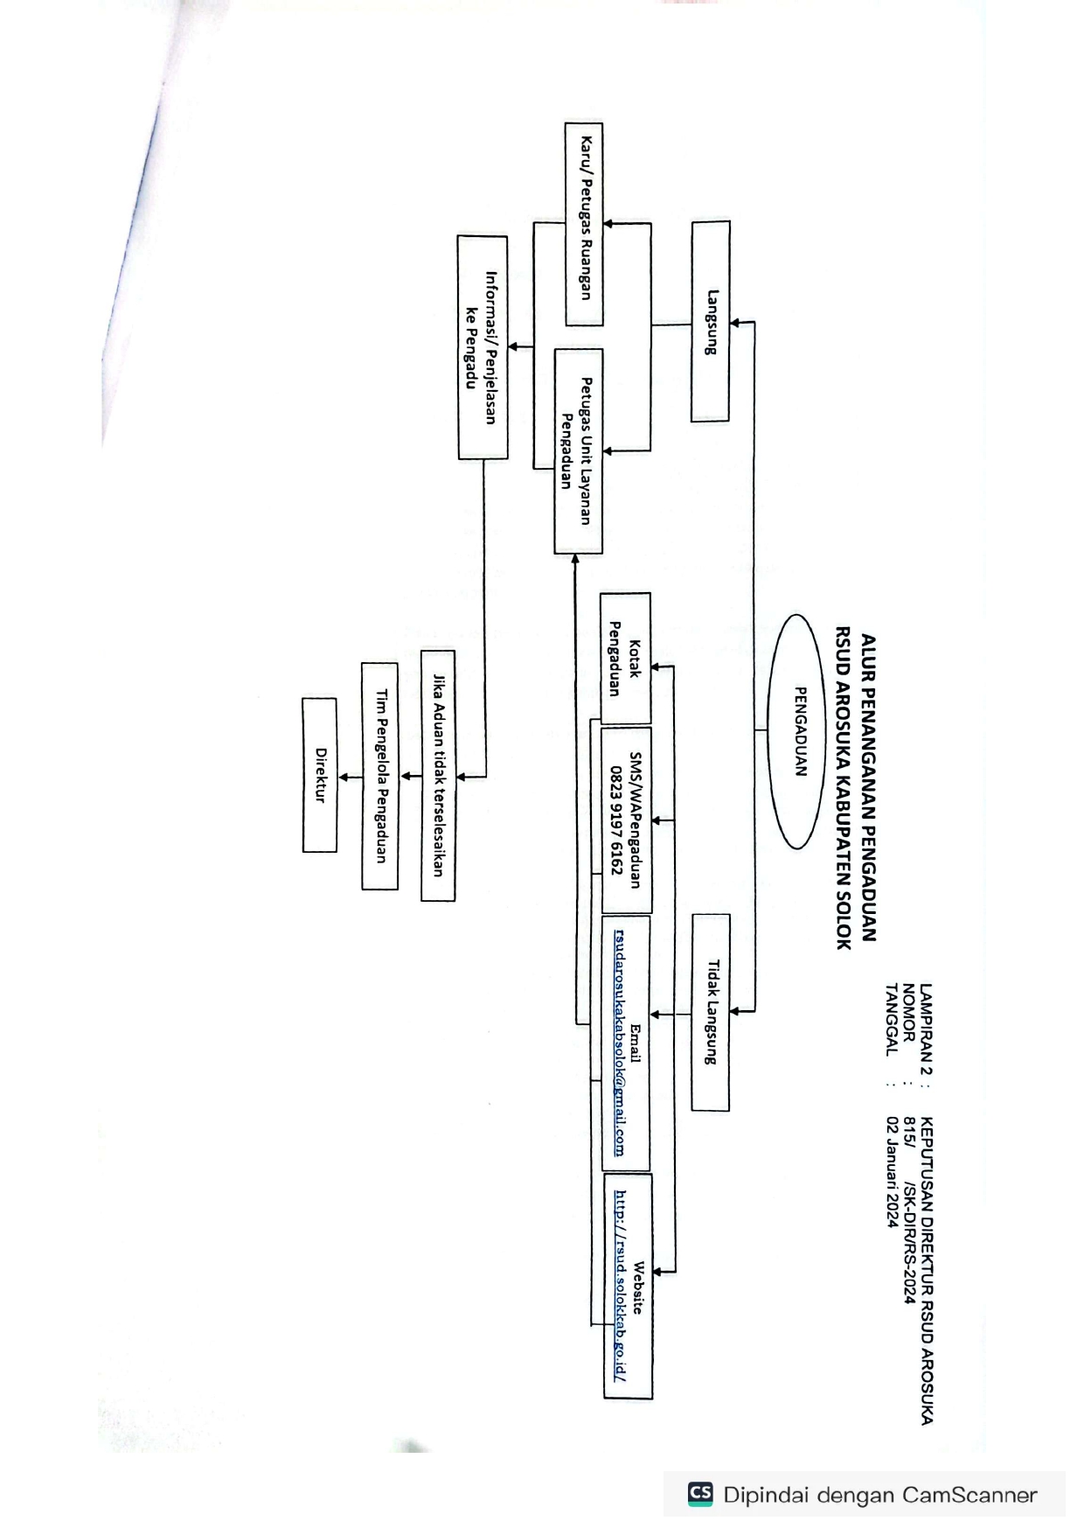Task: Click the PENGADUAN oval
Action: pos(796,731)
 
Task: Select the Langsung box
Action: pos(710,321)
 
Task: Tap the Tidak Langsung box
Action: pos(711,1012)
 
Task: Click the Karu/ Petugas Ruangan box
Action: pos(584,224)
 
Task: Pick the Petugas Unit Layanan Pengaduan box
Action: pos(578,451)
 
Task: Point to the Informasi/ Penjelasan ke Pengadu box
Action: pos(483,347)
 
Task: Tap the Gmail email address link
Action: pos(619,1043)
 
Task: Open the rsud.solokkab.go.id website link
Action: pos(620,1285)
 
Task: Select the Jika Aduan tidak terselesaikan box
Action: pos(438,775)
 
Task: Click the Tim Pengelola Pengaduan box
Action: pos(380,776)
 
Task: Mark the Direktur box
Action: pos(320,775)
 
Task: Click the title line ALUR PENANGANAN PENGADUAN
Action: pos(868,787)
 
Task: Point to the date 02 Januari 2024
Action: pos(893,1171)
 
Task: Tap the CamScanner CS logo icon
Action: pos(700,1494)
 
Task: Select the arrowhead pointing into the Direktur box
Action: pos(344,777)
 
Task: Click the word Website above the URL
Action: pos(638,1287)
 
